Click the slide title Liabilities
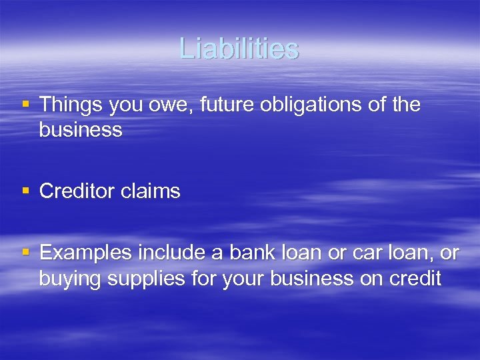(x=239, y=49)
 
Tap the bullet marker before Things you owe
(x=26, y=104)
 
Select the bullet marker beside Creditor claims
(x=26, y=191)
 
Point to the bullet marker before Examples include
(x=26, y=252)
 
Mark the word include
(x=173, y=253)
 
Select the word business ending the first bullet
(x=81, y=130)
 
